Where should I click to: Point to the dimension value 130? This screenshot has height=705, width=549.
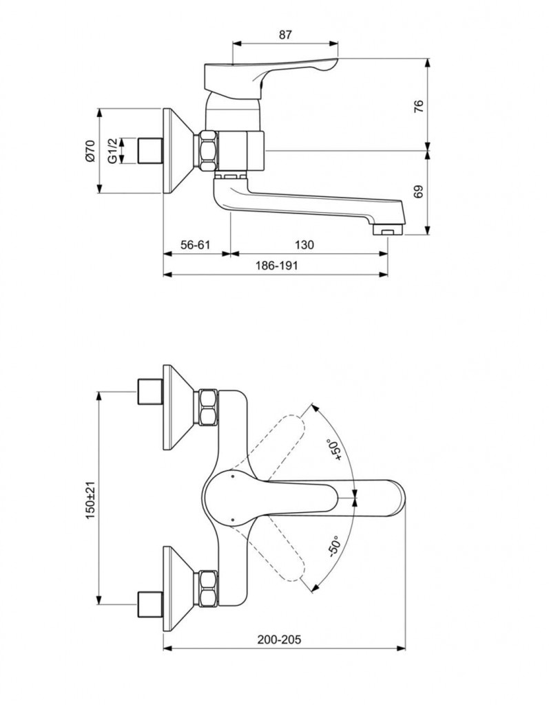coord(304,244)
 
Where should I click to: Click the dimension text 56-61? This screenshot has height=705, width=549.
coord(195,244)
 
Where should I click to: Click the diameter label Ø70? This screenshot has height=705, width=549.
coord(90,151)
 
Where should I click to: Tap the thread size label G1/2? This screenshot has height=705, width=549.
coord(112,151)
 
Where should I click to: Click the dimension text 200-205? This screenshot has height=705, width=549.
coord(280,639)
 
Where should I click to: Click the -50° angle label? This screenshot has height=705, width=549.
coord(333,548)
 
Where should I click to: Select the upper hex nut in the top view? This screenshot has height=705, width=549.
coord(208,407)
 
